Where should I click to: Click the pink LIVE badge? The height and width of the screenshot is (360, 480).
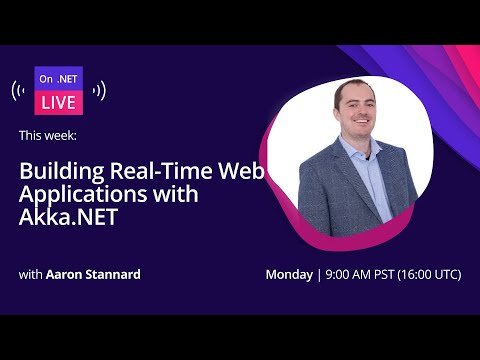58,102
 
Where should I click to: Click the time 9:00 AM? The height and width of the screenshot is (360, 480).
349,274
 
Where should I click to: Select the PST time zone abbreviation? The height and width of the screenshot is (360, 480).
388,274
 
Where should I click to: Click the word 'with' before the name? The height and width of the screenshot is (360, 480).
30,274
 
